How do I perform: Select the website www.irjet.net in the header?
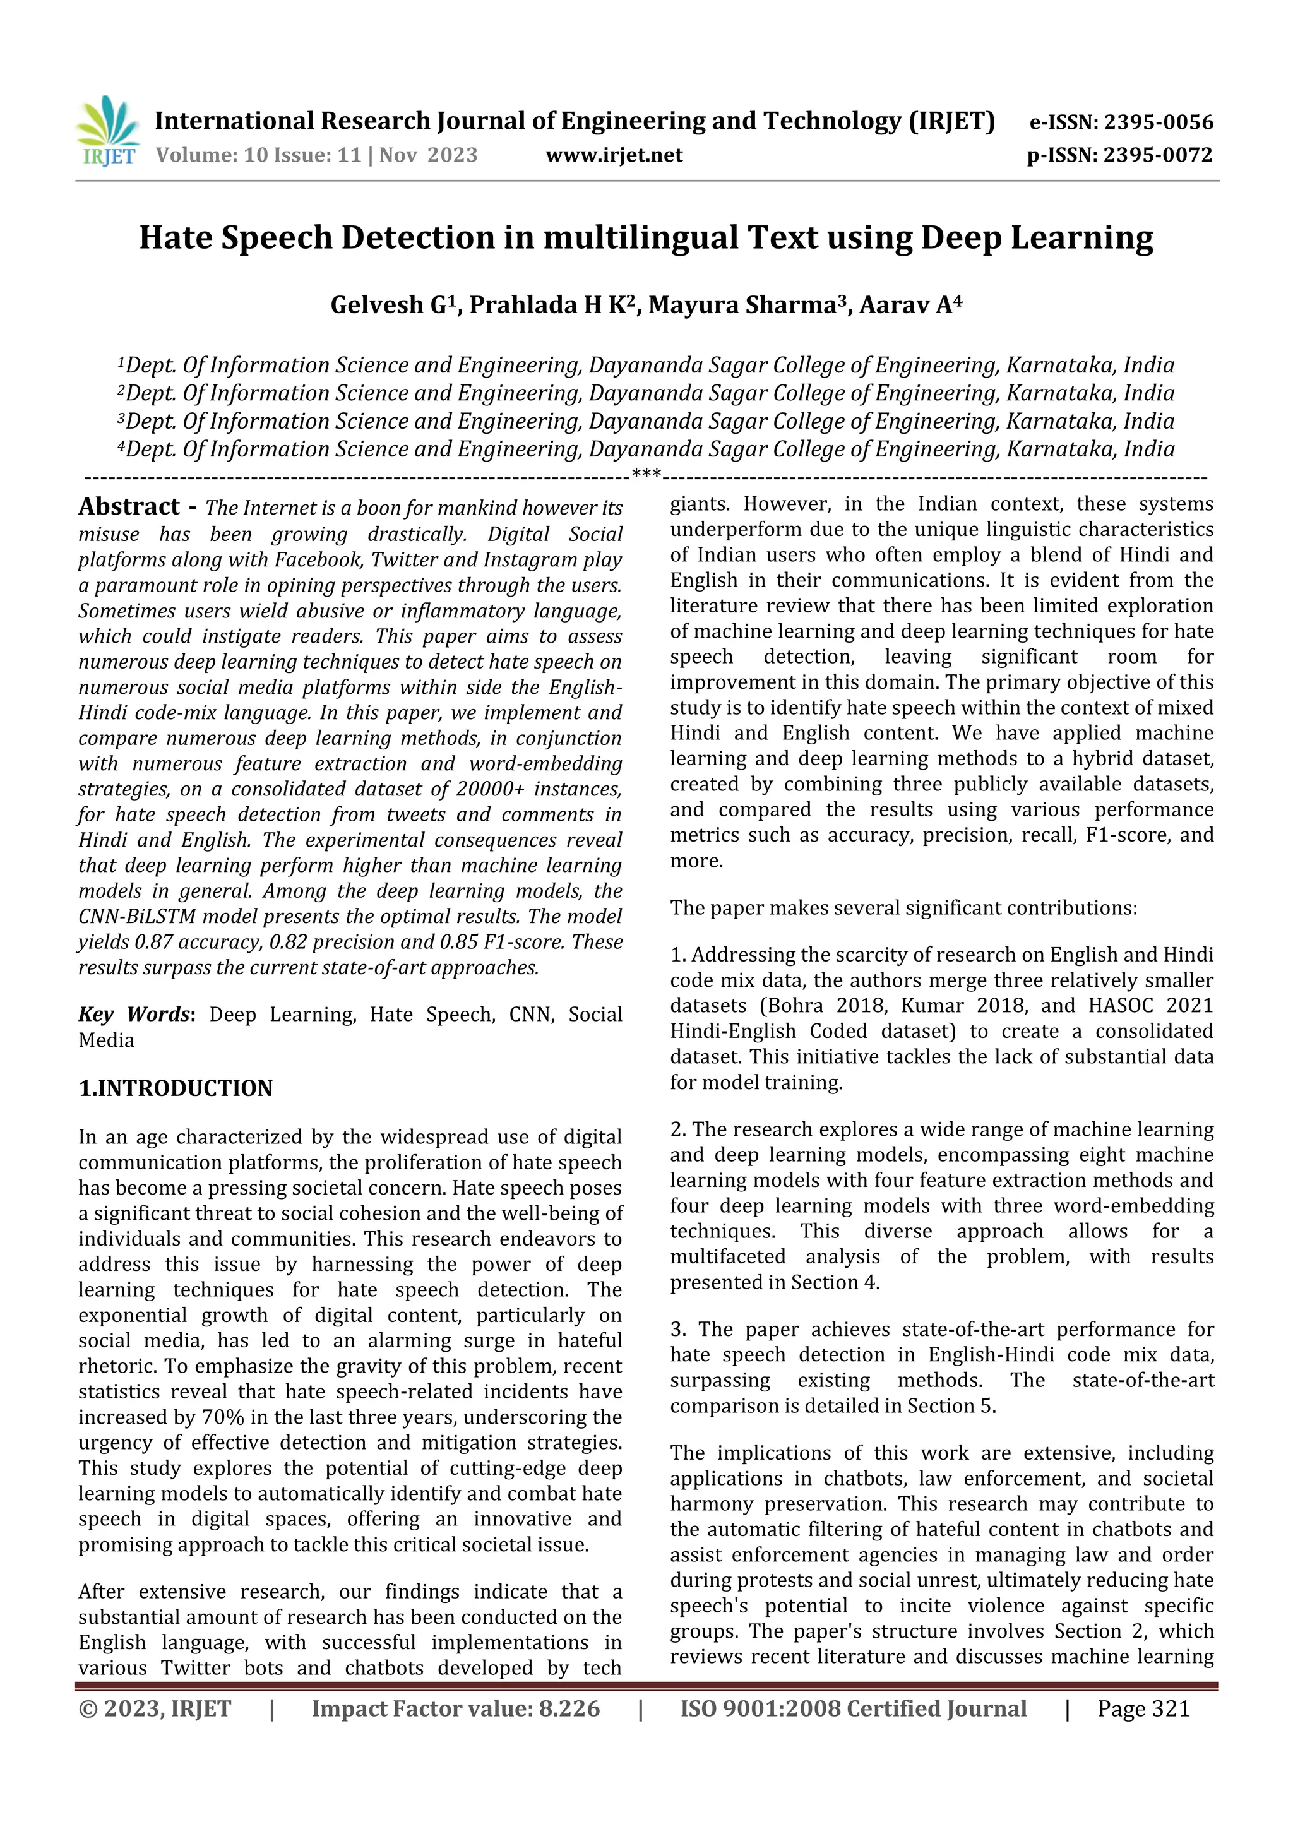click(x=614, y=155)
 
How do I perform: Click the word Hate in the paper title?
click(x=176, y=238)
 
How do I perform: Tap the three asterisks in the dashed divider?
click(x=645, y=475)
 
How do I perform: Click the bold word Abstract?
click(x=129, y=506)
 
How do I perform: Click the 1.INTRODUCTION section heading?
click(x=176, y=1088)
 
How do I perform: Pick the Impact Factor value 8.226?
click(x=557, y=1708)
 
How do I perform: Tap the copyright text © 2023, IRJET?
click(x=155, y=1708)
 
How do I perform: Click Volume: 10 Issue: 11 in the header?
click(x=258, y=155)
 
